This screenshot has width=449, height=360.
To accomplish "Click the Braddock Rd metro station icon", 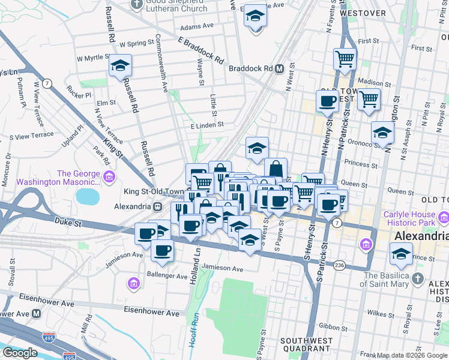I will [x=279, y=69].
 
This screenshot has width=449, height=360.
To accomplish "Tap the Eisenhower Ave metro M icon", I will [x=37, y=313].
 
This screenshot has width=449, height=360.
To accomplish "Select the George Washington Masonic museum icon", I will [x=109, y=176].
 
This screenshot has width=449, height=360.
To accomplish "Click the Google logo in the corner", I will [x=20, y=353].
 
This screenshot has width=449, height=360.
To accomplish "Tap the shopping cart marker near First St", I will [x=345, y=59].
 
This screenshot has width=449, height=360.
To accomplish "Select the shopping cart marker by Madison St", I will [x=369, y=99].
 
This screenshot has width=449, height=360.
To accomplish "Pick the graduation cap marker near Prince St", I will [x=401, y=254].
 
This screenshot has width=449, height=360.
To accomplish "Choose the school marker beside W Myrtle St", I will [x=120, y=65].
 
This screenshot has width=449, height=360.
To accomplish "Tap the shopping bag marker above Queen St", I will [x=276, y=169].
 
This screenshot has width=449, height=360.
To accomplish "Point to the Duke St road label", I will [x=69, y=222].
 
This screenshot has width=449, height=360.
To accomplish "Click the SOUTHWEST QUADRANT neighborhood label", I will [x=303, y=346].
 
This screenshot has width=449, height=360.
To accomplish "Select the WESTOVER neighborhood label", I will [x=363, y=13].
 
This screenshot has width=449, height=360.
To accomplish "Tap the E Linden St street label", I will [x=206, y=125].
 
